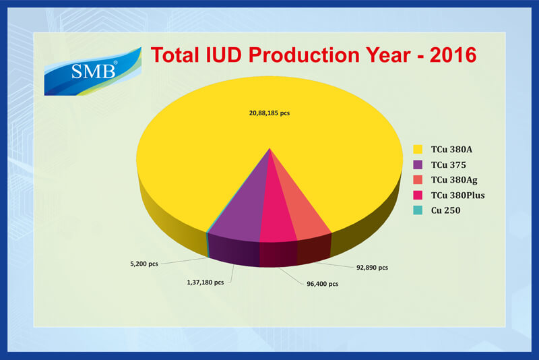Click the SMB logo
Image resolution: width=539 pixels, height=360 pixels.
pyautogui.click(x=92, y=71)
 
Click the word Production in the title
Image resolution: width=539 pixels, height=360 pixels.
pyautogui.click(x=305, y=55)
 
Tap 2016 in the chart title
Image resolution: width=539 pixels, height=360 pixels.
pyautogui.click(x=453, y=55)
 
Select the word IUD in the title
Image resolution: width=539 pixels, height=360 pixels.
pyautogui.click(x=223, y=55)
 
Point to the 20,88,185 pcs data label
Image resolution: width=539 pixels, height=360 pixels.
pyautogui.click(x=269, y=113)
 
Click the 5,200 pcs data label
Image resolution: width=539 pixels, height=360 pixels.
pyautogui.click(x=144, y=264)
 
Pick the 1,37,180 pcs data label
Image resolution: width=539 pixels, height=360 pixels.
pyautogui.click(x=205, y=282)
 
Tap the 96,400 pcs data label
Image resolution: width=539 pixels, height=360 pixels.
pyautogui.click(x=323, y=284)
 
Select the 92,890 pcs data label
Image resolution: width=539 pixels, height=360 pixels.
pyautogui.click(x=372, y=268)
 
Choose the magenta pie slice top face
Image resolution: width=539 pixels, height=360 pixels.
pyautogui.click(x=276, y=216)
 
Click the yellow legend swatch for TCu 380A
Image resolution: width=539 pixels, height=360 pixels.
pyautogui.click(x=418, y=149)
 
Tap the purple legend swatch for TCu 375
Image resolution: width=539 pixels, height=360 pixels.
pyautogui.click(x=418, y=164)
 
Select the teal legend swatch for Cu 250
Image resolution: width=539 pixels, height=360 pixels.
pyautogui.click(x=418, y=210)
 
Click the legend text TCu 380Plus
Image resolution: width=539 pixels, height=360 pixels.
pyautogui.click(x=458, y=196)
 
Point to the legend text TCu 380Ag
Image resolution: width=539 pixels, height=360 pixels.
pyautogui.click(x=454, y=180)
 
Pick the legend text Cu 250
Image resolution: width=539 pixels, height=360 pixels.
pyautogui.click(x=445, y=210)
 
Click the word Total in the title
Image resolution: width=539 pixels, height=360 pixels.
pyautogui.click(x=175, y=55)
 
